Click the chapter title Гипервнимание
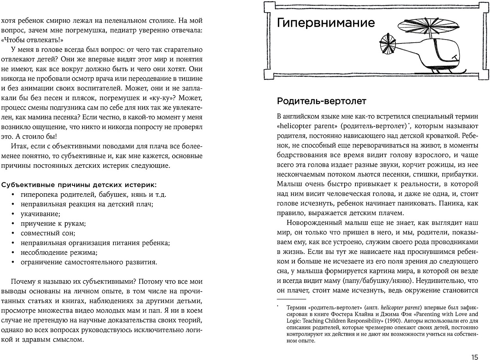325,23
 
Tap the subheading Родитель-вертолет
321,101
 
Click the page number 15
474,357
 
